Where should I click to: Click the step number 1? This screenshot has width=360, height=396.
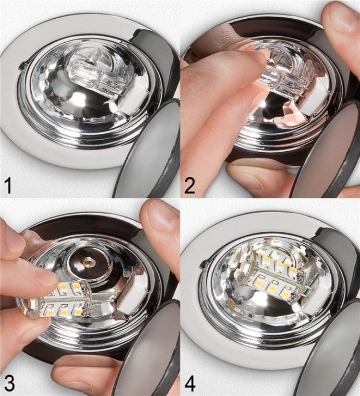click(x=8, y=185)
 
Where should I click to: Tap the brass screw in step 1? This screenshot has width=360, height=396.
click(x=90, y=62)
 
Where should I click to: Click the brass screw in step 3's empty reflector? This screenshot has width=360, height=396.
click(x=88, y=262)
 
